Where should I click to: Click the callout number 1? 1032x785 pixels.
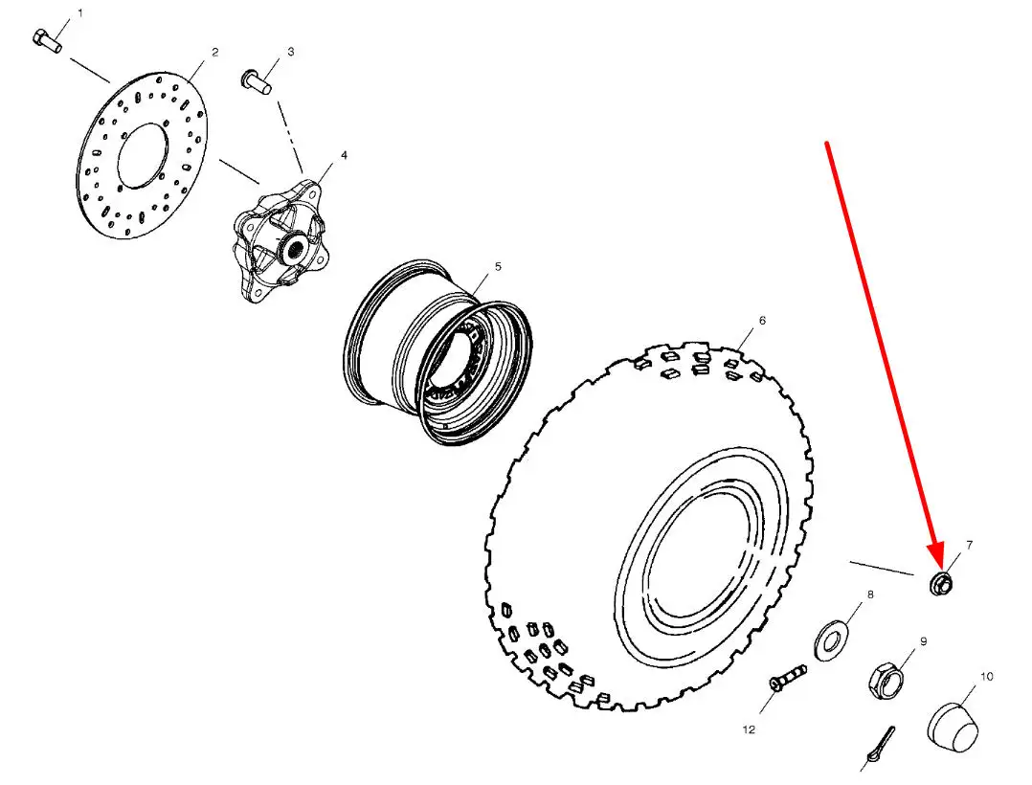click(x=80, y=13)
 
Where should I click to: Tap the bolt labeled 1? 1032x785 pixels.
click(x=46, y=40)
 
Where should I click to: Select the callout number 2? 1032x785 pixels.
click(x=214, y=52)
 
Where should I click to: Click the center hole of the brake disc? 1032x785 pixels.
click(x=142, y=155)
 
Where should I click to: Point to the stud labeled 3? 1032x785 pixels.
click(x=257, y=80)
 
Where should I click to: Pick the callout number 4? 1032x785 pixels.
click(x=344, y=155)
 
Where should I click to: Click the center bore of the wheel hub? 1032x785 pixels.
click(x=295, y=249)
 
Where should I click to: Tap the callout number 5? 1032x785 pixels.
click(x=498, y=266)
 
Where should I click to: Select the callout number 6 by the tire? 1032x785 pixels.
click(x=762, y=321)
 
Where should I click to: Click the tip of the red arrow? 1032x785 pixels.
click(x=940, y=570)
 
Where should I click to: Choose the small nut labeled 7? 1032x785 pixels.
click(x=941, y=584)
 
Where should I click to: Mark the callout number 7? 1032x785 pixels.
click(x=969, y=545)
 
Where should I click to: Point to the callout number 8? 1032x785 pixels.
click(x=870, y=594)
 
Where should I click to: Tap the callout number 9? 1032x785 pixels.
click(x=923, y=641)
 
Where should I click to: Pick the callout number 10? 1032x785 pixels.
click(x=986, y=677)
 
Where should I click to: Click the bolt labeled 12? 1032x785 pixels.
click(x=787, y=678)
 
